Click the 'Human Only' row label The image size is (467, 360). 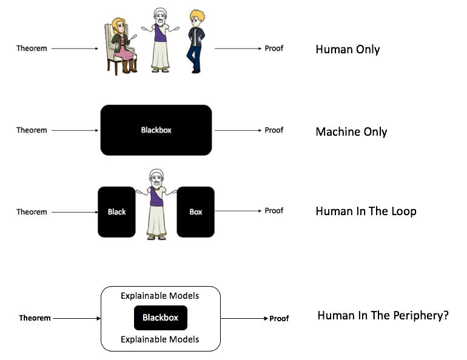click(348, 50)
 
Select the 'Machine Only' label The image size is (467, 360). click(351, 132)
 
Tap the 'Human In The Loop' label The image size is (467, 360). click(366, 212)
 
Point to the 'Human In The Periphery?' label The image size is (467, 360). click(383, 316)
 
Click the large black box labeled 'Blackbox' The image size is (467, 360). click(156, 130)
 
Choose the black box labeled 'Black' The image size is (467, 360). click(116, 212)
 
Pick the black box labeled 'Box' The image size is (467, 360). click(195, 212)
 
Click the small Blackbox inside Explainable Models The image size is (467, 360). click(160, 318)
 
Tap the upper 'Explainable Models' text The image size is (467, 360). click(160, 296)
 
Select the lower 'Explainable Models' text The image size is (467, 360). click(160, 339)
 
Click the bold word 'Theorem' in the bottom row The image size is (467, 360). click(35, 318)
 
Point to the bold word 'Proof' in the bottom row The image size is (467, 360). click(279, 318)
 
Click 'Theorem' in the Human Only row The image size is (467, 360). click(32, 48)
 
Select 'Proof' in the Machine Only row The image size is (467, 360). click(274, 130)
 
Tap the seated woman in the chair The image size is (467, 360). click(121, 45)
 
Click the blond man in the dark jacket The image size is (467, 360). click(195, 41)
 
